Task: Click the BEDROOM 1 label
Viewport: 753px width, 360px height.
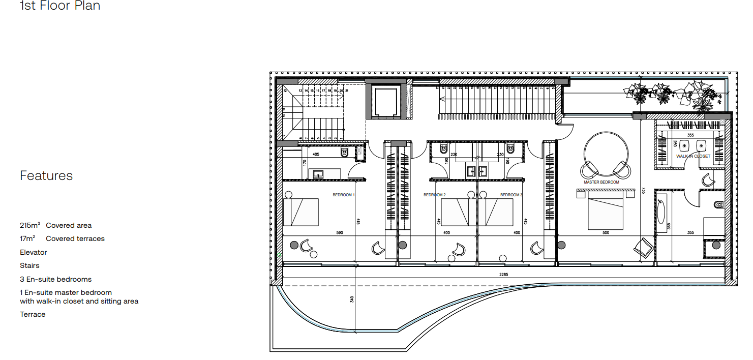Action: tap(344, 195)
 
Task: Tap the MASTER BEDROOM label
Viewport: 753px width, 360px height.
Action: tap(601, 182)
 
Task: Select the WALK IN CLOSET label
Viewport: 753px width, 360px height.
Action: tap(693, 157)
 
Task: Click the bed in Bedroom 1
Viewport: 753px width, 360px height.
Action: tap(301, 212)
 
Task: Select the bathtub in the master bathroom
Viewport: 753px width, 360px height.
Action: tap(661, 213)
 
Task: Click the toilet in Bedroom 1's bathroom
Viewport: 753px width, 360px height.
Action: tap(345, 152)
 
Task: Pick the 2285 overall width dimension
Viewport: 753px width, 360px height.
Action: tap(503, 275)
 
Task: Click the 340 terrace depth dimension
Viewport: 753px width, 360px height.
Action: tap(351, 299)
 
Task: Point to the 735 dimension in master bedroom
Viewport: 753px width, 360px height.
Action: tap(644, 190)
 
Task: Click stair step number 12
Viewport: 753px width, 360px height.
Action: tap(285, 91)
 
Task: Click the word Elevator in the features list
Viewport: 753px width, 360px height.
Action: tap(33, 252)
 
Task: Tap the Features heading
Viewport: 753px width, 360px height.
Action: tap(46, 176)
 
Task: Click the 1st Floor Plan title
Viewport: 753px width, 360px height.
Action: tap(59, 6)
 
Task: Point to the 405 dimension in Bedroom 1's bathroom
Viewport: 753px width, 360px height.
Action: tap(316, 154)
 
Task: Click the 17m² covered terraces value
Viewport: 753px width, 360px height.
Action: tap(27, 238)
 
